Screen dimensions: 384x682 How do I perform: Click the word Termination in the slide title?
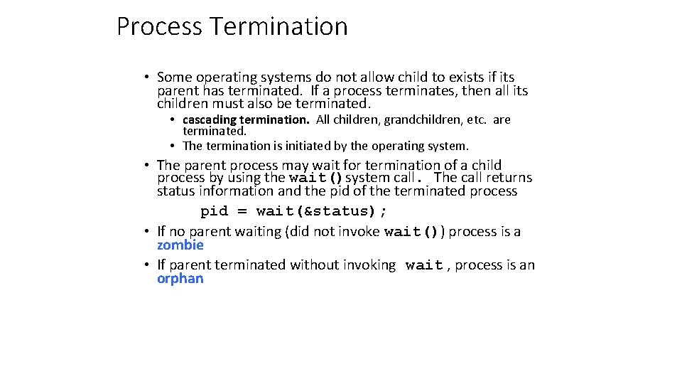coord(278,27)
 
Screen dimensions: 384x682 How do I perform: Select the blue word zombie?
coord(180,245)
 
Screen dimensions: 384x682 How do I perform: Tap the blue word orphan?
coord(180,278)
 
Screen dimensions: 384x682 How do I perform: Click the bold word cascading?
coord(210,119)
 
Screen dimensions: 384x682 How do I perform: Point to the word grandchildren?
coord(420,119)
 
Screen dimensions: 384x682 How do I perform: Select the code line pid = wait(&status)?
coord(294,211)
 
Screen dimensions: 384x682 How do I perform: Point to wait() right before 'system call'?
coord(315,178)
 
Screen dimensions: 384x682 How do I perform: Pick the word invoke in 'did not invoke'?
coord(358,231)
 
